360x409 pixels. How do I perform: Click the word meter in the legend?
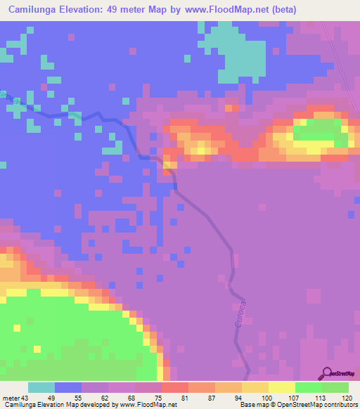(12, 398)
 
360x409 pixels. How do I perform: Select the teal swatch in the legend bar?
(41, 387)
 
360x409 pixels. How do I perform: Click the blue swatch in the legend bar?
(68, 387)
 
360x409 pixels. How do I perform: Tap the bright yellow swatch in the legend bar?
(282, 387)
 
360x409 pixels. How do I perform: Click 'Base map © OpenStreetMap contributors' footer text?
(297, 405)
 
